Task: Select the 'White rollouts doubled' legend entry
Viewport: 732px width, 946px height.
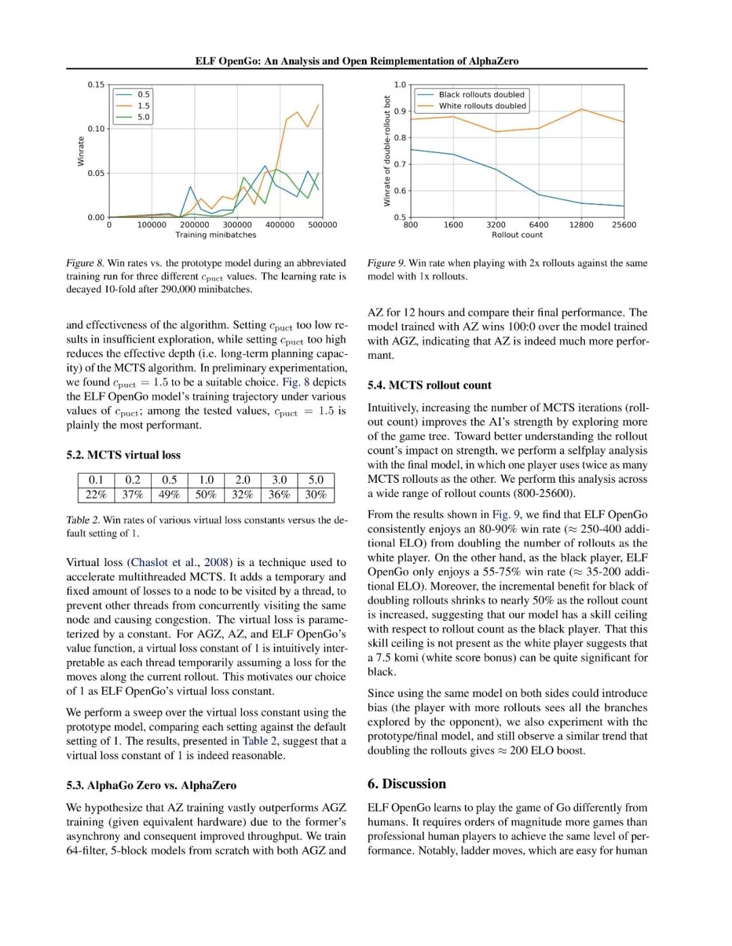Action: tap(482, 106)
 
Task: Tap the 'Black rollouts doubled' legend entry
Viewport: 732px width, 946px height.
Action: tap(481, 95)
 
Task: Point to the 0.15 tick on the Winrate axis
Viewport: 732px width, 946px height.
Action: tap(96, 85)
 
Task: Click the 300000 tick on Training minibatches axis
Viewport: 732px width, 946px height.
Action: tap(237, 225)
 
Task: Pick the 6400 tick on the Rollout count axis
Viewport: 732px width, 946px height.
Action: tap(539, 225)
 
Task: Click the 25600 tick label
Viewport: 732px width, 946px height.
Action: tap(624, 225)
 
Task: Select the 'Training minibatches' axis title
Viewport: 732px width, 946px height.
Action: tap(216, 235)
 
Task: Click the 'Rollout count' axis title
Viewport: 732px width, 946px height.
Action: tap(517, 235)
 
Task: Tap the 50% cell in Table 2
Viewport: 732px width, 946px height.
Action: tap(206, 495)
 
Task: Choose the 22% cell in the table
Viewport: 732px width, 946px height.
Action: tap(96, 495)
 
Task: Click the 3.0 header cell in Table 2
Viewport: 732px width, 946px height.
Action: tap(279, 480)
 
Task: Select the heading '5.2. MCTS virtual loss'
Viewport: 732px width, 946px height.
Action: tap(123, 455)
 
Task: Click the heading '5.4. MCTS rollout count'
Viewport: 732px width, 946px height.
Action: tap(429, 385)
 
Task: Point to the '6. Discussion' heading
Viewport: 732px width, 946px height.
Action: tap(407, 784)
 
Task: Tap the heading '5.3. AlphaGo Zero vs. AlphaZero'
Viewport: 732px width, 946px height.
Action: tap(151, 786)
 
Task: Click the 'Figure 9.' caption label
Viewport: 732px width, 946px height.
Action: tap(386, 263)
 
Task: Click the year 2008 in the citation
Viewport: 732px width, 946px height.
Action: tap(216, 563)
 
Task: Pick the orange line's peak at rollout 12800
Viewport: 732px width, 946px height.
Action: tap(581, 109)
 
